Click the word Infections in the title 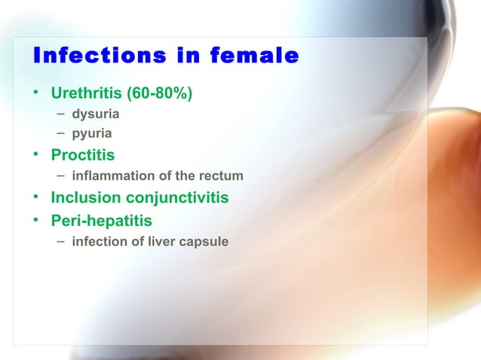pos(84,56)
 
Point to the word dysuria pos(95,116)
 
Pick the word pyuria pos(92,133)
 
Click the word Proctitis pos(83,156)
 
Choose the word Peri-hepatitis pos(101,221)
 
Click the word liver pos(157,242)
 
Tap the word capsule pos(201,242)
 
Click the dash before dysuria pos(60,115)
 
